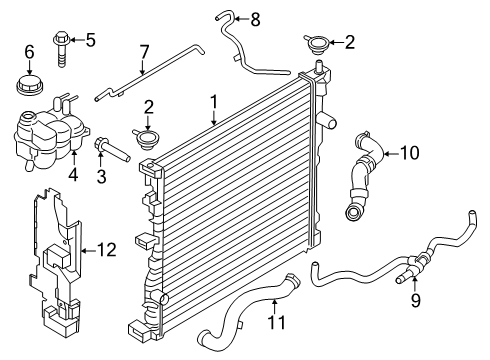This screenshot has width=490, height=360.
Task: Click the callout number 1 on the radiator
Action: [x=213, y=102]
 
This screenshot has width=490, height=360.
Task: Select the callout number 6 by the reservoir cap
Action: [x=29, y=51]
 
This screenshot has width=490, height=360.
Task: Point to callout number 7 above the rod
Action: [x=143, y=51]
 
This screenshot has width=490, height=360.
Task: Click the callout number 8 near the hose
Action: [x=254, y=18]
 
